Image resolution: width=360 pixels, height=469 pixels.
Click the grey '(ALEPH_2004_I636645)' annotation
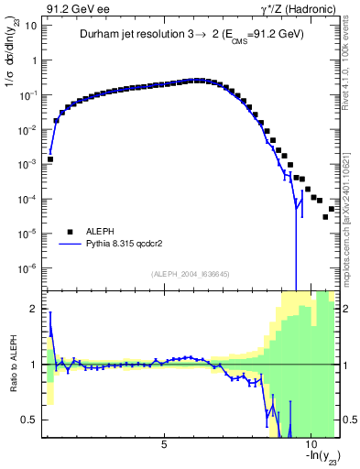click(x=190, y=274)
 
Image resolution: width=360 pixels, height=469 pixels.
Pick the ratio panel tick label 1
click(x=33, y=365)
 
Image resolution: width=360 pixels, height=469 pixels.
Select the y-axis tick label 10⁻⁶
click(x=27, y=267)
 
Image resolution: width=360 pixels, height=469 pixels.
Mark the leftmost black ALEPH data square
click(x=50, y=158)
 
